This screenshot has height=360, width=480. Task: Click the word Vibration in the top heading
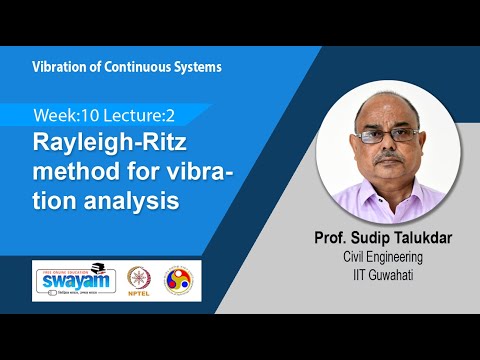coord(59,67)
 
